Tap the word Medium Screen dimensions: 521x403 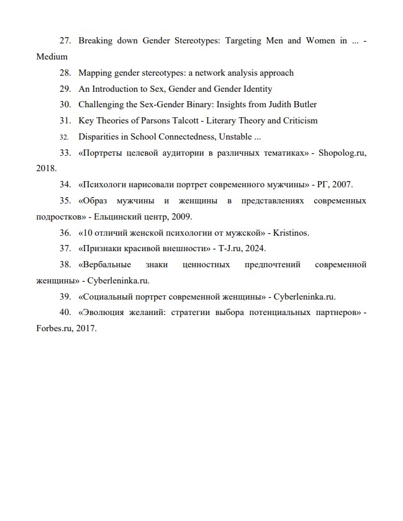(x=52, y=56)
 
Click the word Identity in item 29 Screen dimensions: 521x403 (x=257, y=89)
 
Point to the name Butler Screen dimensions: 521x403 (x=303, y=105)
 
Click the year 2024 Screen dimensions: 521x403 (x=255, y=249)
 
